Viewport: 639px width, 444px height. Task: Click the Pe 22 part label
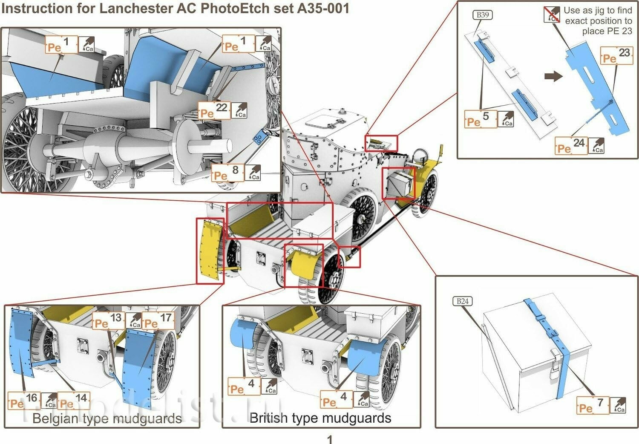(x=214, y=111)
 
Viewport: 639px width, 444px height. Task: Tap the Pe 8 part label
(x=227, y=172)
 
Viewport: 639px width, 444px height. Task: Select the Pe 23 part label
(x=616, y=55)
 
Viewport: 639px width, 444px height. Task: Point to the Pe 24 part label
(x=571, y=145)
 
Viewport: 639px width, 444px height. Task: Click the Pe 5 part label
(x=480, y=119)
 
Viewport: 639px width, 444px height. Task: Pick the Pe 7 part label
(x=593, y=405)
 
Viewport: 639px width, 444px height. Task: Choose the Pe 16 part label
(x=24, y=401)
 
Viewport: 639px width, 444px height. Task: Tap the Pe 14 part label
(x=73, y=401)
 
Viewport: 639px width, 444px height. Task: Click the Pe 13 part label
(x=109, y=320)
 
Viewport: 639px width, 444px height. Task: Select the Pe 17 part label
(x=158, y=320)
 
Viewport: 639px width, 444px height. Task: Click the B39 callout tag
(x=482, y=15)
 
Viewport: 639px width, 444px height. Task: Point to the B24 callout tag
(x=462, y=301)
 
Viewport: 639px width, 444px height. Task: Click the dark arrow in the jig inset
(x=553, y=76)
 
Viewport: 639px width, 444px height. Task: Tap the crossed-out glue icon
(x=552, y=15)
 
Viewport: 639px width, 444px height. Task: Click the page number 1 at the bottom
(x=329, y=439)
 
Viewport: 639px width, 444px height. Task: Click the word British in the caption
(x=268, y=418)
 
